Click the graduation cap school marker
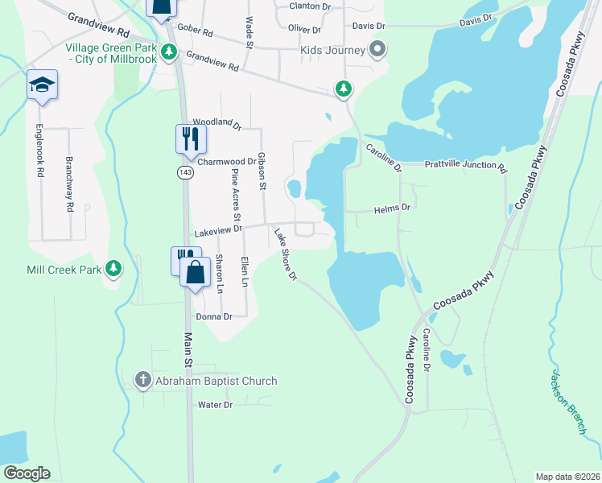tap(42, 85)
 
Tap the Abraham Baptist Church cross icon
tap(142, 381)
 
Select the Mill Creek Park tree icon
tap(114, 268)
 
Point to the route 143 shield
tap(184, 173)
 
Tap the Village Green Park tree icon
tap(168, 52)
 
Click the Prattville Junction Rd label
tap(466, 169)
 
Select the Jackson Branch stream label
tap(567, 402)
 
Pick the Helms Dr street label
tap(393, 208)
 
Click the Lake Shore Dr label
tap(286, 255)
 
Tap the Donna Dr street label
tap(215, 317)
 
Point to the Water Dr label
tap(215, 404)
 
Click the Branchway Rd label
tap(70, 184)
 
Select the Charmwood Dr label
tap(226, 161)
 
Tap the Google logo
tap(26, 473)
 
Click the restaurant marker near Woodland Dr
tap(191, 138)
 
